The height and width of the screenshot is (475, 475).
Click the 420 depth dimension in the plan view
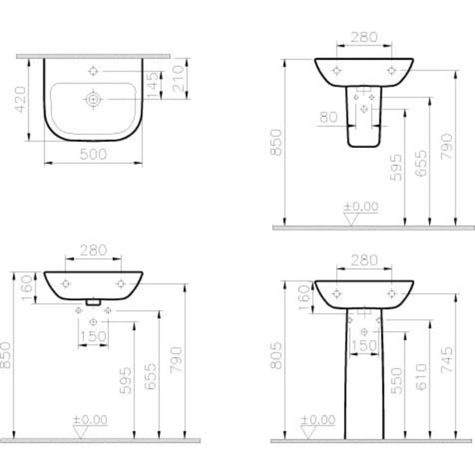(20, 99)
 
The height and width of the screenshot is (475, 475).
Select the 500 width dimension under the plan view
(93, 155)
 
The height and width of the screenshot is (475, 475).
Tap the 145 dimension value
(154, 85)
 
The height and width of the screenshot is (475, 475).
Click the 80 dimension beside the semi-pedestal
(328, 117)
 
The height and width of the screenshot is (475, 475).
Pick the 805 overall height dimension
(276, 355)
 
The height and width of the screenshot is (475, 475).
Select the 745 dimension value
(447, 362)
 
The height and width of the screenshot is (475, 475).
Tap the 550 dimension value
(396, 381)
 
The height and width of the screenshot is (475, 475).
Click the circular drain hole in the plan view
(93, 99)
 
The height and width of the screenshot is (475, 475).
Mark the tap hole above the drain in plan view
(93, 71)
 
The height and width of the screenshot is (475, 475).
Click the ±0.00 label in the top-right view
(360, 206)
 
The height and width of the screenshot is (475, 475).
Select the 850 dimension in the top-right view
(276, 142)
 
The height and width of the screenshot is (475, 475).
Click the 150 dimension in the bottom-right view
(364, 346)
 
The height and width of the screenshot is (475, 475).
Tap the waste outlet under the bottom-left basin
(93, 299)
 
